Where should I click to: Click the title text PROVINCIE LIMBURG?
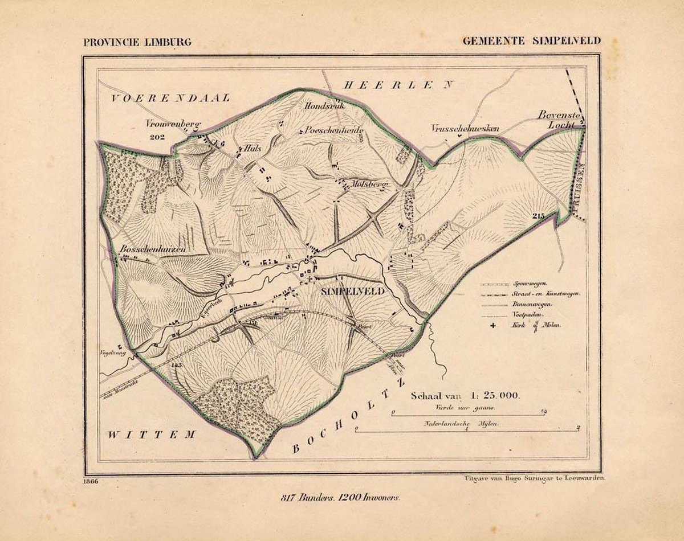click(137, 42)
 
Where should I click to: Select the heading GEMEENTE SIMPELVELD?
click(531, 42)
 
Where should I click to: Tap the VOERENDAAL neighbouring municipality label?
click(170, 98)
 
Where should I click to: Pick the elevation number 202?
click(154, 137)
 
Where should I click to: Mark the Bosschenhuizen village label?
click(154, 249)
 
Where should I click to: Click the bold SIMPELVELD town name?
click(353, 290)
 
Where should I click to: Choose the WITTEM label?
click(152, 435)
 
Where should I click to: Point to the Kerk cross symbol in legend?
click(490, 325)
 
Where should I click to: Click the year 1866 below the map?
click(90, 482)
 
